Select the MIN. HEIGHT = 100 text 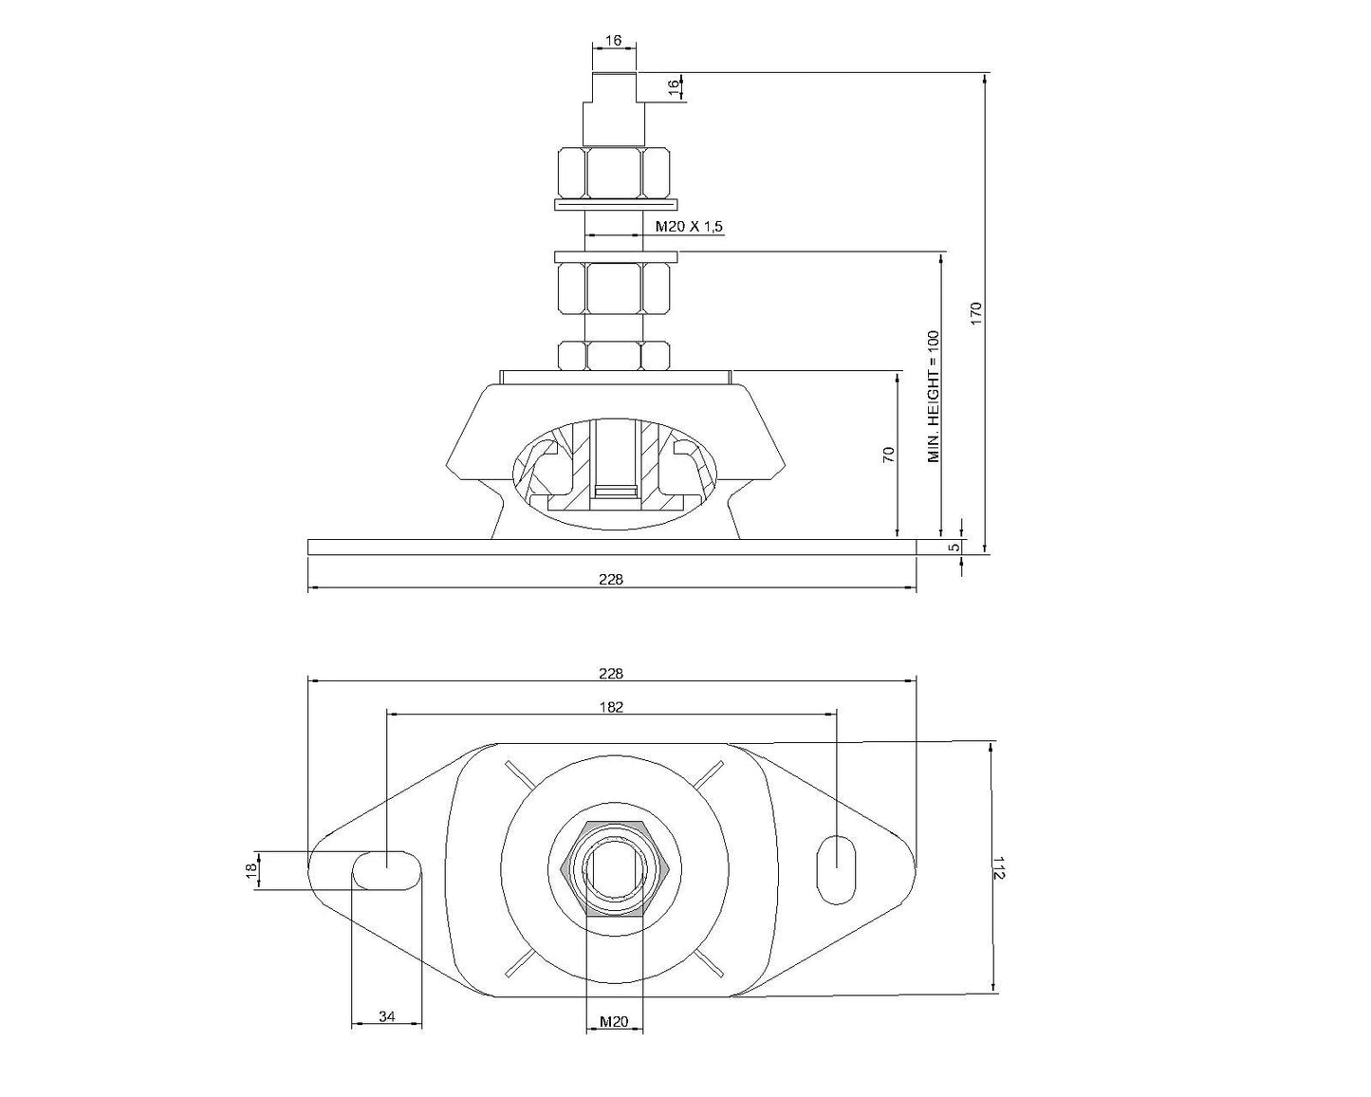[934, 396]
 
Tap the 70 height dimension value [889, 454]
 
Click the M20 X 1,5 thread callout [689, 226]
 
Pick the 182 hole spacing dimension [612, 706]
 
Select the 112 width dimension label [998, 867]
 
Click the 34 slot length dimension [387, 1016]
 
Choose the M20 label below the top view [614, 1022]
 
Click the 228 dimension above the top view [612, 673]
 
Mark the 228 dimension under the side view [612, 579]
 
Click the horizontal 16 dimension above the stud [613, 40]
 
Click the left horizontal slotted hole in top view [386, 869]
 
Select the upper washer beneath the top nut [615, 204]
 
